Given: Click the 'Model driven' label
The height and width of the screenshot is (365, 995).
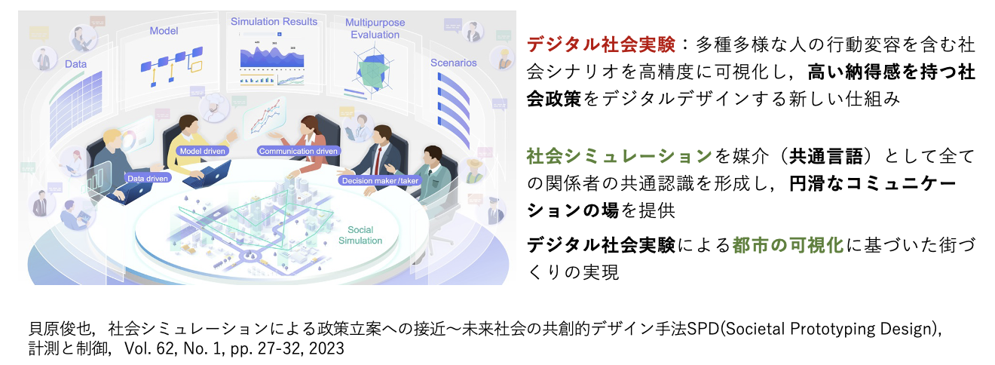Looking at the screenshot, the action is [x=203, y=151].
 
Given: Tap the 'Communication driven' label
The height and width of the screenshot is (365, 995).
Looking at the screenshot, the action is [x=298, y=151].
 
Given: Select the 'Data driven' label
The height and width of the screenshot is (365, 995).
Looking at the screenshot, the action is [x=148, y=178].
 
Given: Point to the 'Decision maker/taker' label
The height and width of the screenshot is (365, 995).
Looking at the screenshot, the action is [x=380, y=180].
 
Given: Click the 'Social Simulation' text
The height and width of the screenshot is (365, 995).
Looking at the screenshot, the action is [x=360, y=235].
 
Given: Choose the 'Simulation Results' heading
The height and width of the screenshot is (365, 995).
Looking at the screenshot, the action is [x=274, y=21].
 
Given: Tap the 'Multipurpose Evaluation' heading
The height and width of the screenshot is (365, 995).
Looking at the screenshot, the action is [x=375, y=29].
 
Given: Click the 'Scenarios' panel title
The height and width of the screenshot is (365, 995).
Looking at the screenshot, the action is [x=454, y=63].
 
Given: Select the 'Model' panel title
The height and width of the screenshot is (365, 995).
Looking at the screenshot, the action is [x=164, y=31].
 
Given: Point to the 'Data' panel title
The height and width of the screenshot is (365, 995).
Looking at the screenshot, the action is [x=75, y=64].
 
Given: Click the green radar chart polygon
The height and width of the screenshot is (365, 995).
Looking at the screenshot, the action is [x=372, y=72].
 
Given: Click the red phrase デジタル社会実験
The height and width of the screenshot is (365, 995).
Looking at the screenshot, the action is [x=601, y=44].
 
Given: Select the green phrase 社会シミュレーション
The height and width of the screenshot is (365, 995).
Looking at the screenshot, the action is [x=620, y=156].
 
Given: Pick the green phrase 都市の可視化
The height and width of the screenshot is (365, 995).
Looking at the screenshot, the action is [x=788, y=245].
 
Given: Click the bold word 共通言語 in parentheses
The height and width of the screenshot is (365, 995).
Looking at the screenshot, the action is [x=825, y=156].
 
